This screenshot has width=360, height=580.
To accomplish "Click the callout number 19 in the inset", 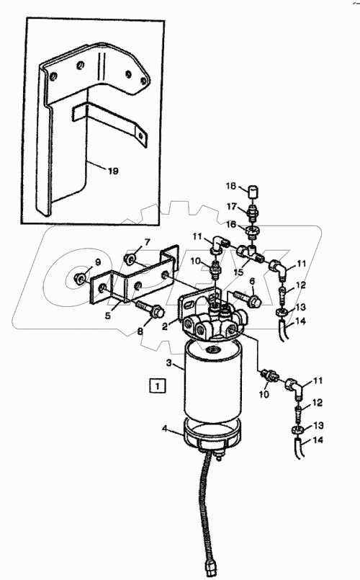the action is (113, 171).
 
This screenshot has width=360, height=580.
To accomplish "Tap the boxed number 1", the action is (158, 385).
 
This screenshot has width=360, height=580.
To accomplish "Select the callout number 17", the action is (232, 206).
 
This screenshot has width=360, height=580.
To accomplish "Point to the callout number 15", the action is (238, 272).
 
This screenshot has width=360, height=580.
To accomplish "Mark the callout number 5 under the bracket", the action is (107, 316).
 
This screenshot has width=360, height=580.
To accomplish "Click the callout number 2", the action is (165, 326).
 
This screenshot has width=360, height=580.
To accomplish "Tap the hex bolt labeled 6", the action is (247, 298).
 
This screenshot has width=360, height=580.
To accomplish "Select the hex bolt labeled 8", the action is (149, 311).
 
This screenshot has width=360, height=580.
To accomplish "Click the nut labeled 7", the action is (130, 259).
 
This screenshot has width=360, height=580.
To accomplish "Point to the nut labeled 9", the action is (79, 277).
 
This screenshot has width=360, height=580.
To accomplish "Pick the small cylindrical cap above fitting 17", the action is (252, 192).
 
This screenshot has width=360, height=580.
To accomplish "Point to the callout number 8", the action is (140, 331).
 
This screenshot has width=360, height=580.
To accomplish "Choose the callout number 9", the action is (98, 262).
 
